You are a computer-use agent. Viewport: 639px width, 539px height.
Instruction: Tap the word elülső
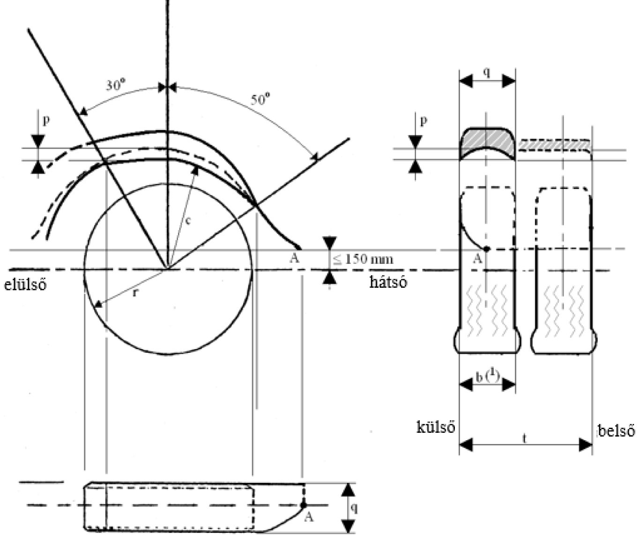point(26,284)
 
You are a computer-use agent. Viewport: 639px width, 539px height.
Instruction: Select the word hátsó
point(388,282)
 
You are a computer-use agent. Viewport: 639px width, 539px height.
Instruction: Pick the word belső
point(617,430)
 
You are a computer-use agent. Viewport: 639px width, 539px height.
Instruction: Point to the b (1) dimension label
point(485,377)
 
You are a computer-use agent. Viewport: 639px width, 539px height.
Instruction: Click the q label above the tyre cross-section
point(487,73)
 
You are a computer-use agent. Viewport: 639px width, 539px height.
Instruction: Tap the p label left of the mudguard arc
point(45,120)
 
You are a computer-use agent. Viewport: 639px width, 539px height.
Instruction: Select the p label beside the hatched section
point(424,121)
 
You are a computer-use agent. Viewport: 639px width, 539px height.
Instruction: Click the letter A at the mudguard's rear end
point(294,258)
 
